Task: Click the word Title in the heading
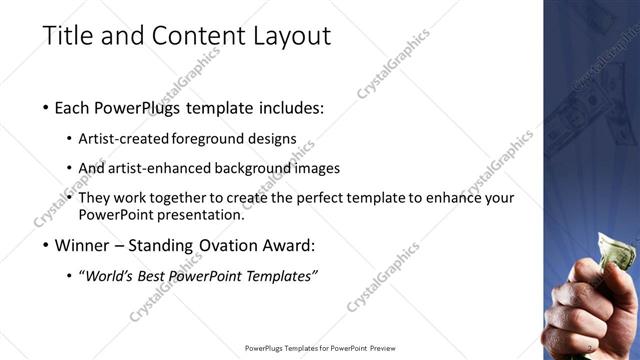69,36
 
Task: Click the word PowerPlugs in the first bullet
136,107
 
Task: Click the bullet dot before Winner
47,244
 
